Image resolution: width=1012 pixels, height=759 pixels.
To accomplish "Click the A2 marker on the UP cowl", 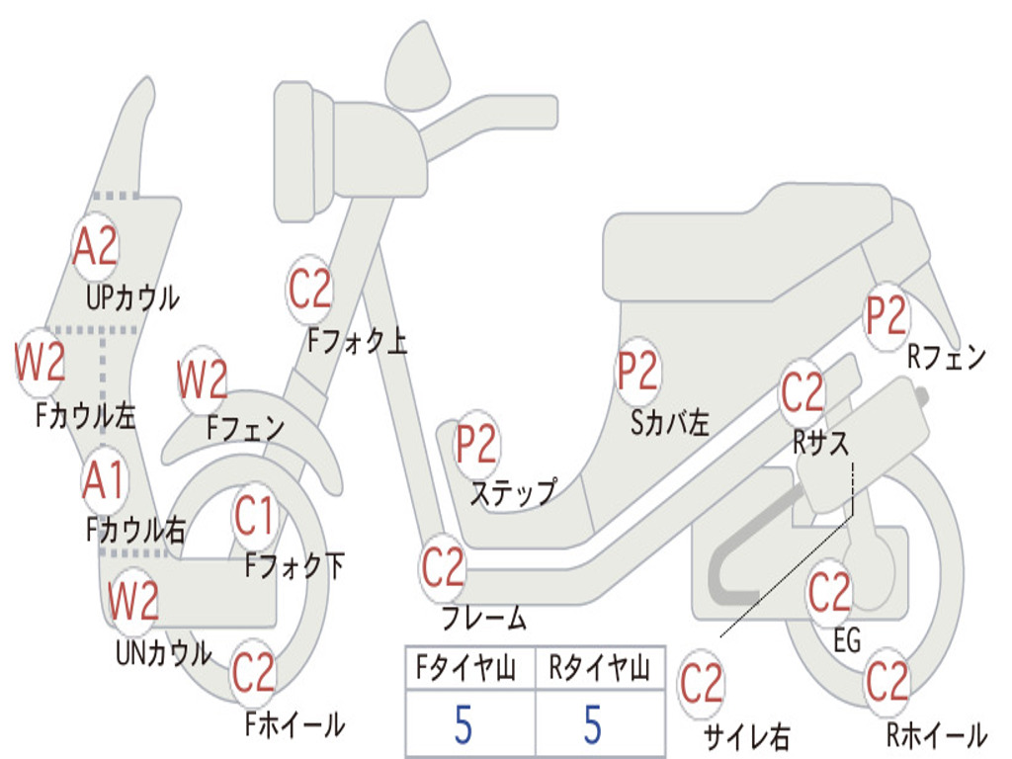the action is [x=96, y=246].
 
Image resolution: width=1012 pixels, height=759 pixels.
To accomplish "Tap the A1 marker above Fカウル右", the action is [x=104, y=481].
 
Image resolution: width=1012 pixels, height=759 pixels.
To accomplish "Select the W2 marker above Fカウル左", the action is [x=41, y=363].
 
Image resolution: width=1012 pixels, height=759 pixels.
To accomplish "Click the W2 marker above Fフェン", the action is [x=203, y=379].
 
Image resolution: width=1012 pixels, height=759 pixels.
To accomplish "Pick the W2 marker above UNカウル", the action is [x=133, y=601].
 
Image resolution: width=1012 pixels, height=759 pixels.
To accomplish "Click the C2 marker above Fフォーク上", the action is [x=310, y=290].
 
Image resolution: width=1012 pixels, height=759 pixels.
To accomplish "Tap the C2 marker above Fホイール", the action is [x=254, y=674].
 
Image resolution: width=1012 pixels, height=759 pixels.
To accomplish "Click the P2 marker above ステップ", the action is [x=476, y=445].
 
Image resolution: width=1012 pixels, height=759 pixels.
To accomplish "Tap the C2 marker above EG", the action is [x=829, y=593].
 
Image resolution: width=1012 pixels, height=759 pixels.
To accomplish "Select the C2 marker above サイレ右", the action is [x=702, y=684].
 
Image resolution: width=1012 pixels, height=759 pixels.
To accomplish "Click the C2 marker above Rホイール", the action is [x=886, y=682].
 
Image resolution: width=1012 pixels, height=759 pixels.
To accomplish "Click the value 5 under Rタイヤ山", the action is [x=593, y=725].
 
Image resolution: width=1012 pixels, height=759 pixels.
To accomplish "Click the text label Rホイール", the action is [x=935, y=735].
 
